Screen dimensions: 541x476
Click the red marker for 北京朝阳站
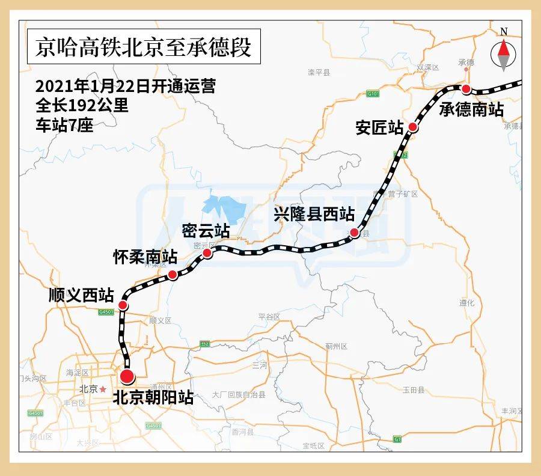[x=127, y=377]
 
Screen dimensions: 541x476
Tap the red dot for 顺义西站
[x=123, y=305]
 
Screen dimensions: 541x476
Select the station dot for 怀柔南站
[x=173, y=275]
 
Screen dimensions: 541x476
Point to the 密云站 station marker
[x=207, y=253]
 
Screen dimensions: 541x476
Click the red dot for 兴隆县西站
[x=355, y=233]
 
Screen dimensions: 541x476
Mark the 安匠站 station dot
[x=413, y=127]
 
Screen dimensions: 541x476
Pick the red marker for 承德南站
[x=465, y=89]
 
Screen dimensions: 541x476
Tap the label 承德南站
[x=471, y=109]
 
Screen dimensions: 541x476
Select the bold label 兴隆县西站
[x=314, y=214]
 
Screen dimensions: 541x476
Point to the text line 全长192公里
[x=82, y=106]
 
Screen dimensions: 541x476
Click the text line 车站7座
[x=64, y=126]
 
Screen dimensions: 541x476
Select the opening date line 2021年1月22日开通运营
[x=125, y=85]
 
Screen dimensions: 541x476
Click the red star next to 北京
[x=103, y=389]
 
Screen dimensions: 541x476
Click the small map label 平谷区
[x=269, y=317]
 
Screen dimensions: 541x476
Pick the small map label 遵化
[x=466, y=303]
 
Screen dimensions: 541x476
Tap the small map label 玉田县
[x=414, y=390]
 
